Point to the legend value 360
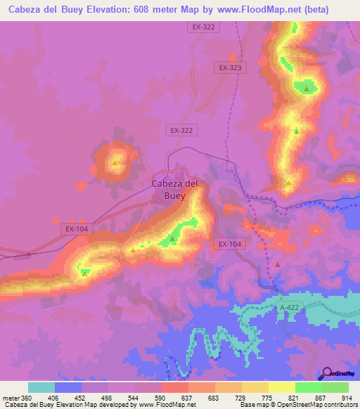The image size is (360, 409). pyautogui.click(x=27, y=397)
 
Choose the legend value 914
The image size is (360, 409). pyautogui.click(x=347, y=397)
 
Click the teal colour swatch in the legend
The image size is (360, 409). pyautogui.click(x=41, y=387)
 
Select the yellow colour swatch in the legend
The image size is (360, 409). pyautogui.click(x=281, y=387)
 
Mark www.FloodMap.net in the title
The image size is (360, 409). pyautogui.click(x=262, y=9)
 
